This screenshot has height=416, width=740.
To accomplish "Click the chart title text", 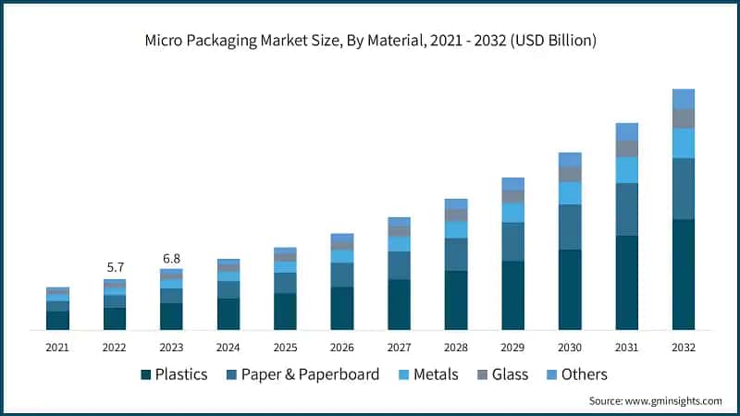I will [x=370, y=42].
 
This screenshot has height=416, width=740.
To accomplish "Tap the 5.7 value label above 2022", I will [x=115, y=268].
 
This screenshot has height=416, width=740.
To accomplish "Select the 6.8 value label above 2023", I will [x=171, y=258].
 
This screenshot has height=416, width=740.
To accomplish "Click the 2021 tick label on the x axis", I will [x=57, y=347].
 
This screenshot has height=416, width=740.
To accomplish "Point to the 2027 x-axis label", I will [x=399, y=347].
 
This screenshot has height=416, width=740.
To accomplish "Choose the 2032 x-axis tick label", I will [x=684, y=347].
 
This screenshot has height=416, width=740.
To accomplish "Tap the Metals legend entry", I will [x=431, y=374].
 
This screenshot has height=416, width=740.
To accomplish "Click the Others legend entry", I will [x=575, y=374].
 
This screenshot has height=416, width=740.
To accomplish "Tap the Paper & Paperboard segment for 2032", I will [x=684, y=189].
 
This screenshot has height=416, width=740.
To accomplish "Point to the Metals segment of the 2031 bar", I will [x=627, y=170].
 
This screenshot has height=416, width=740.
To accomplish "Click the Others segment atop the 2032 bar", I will [x=684, y=99].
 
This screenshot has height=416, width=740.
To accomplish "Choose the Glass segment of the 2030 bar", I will [x=570, y=174].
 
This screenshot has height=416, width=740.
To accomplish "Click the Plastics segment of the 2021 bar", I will [x=57, y=320].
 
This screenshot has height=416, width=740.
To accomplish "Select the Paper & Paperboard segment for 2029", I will [x=513, y=241].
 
